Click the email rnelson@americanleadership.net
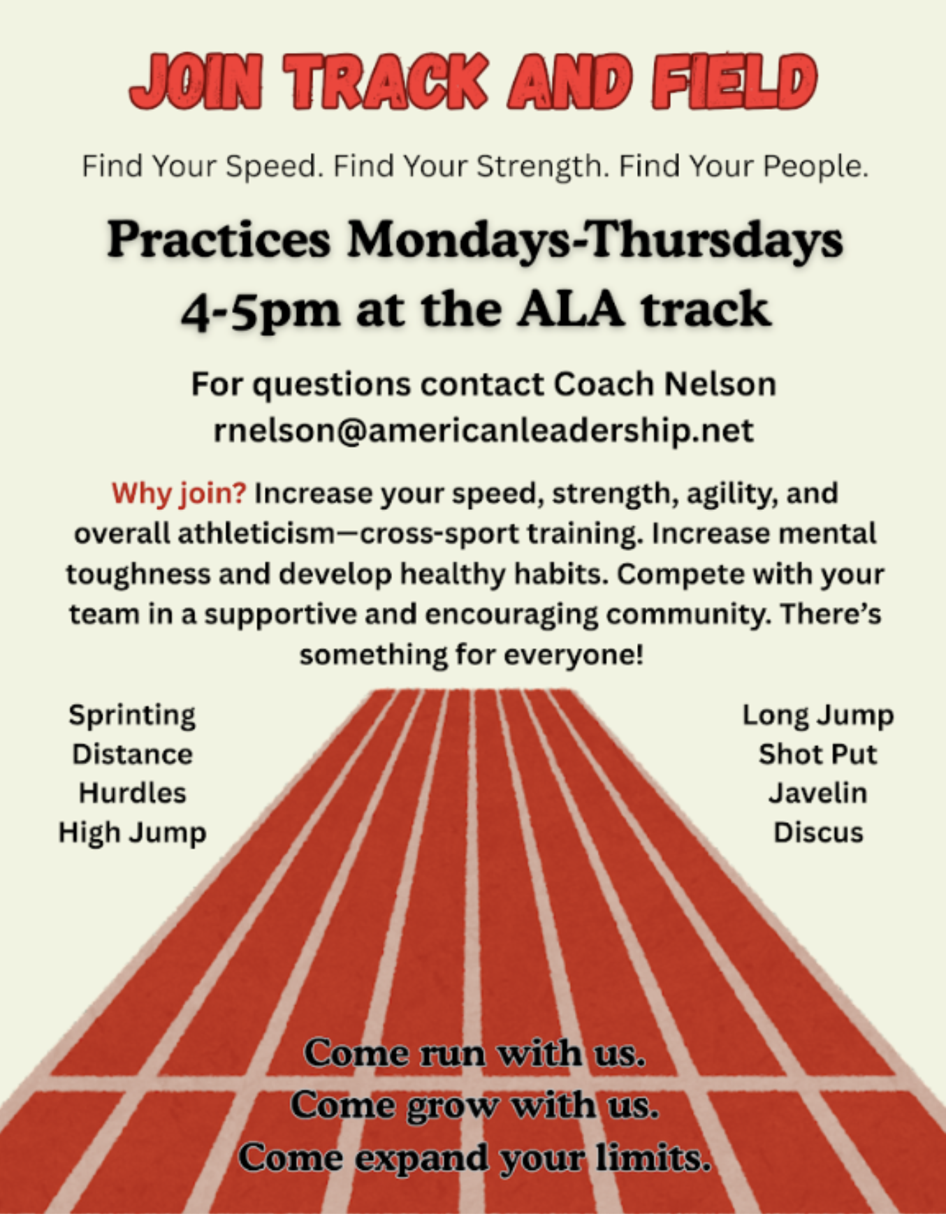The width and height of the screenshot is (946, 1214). [483, 430]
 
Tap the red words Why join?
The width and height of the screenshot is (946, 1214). [179, 493]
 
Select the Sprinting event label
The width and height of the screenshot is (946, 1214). [132, 716]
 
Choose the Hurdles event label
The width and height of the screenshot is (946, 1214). [132, 794]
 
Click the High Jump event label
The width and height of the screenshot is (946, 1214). [132, 833]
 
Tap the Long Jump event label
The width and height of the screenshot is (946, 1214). [818, 716]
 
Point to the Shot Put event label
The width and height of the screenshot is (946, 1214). [818, 754]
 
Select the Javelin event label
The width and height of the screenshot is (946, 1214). [818, 794]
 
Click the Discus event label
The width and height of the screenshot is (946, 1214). [818, 833]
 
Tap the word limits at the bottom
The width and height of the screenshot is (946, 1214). [654, 1158]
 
